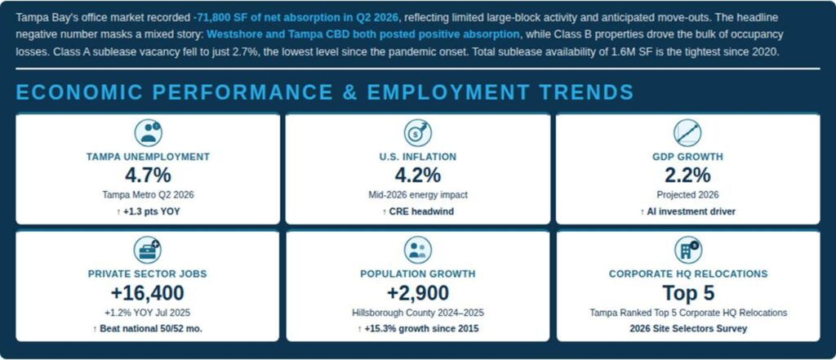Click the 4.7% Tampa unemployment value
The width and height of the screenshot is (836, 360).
[148, 175]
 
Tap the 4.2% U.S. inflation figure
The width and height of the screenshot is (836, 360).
[417, 175]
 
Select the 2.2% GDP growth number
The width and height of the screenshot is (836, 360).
[687, 175]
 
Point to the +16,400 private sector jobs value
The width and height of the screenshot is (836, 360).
[147, 293]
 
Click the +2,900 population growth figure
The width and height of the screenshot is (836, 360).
[417, 293]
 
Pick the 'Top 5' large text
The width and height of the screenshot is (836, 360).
[688, 293]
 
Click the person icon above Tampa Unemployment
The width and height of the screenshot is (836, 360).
[148, 132]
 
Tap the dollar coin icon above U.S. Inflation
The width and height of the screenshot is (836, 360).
[417, 132]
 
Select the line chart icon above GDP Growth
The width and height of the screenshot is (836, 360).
[687, 132]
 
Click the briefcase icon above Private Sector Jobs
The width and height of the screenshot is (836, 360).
[147, 250]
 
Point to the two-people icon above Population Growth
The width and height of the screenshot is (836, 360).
[417, 250]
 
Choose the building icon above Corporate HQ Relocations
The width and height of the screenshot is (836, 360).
[687, 250]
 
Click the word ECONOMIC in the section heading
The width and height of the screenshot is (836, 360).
[79, 92]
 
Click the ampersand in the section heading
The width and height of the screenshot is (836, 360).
[349, 92]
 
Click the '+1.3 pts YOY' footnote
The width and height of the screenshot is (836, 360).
[148, 211]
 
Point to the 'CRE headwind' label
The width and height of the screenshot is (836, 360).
[417, 211]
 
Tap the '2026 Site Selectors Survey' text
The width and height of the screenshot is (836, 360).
[688, 328]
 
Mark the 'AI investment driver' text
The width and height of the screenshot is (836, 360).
[687, 211]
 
